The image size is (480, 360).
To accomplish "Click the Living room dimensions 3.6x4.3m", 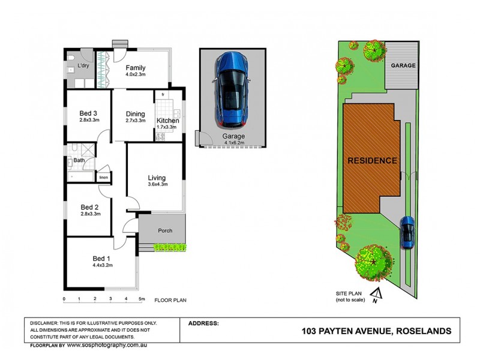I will [x=157, y=185].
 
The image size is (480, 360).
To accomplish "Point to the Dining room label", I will [x=136, y=114].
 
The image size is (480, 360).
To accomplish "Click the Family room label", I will [x=135, y=68].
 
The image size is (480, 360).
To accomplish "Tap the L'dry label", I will [x=83, y=66].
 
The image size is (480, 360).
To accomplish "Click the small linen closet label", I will [x=103, y=177].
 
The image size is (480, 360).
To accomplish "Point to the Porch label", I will [x=165, y=231].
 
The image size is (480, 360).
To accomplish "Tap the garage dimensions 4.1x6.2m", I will [x=234, y=143].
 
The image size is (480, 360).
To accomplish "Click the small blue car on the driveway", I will [x=407, y=232].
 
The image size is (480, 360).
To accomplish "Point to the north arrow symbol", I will [x=377, y=294].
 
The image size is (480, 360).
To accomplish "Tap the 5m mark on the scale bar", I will [x=142, y=299].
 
